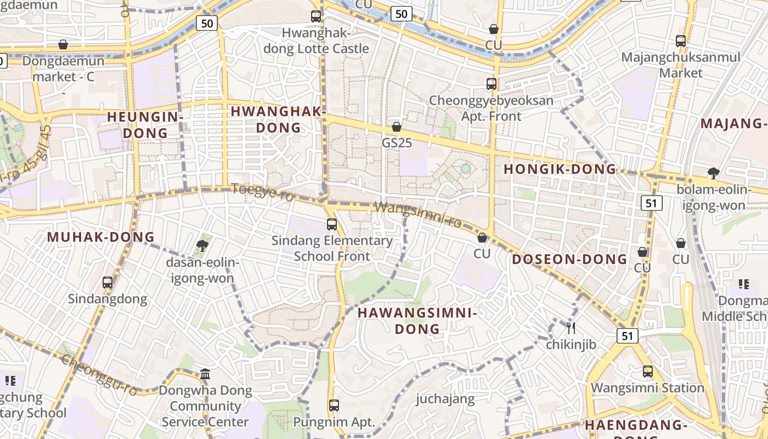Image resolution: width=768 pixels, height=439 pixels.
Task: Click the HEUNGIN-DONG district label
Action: click(x=145, y=125)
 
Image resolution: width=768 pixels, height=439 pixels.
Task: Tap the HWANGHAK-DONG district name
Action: click(x=278, y=119)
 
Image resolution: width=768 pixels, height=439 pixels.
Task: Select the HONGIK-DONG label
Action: click(x=560, y=169)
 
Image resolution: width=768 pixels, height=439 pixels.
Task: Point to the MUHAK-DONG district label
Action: click(x=101, y=237)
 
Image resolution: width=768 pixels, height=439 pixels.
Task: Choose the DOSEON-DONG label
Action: click(x=570, y=259)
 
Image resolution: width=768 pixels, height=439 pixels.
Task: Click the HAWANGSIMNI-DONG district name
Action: click(x=417, y=320)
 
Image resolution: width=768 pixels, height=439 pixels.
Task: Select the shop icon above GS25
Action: click(x=397, y=127)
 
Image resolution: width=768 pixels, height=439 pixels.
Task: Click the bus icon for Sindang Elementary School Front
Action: click(x=331, y=224)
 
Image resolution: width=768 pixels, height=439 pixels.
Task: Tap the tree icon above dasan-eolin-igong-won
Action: click(x=202, y=245)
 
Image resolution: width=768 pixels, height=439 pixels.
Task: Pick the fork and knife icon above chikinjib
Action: click(x=571, y=328)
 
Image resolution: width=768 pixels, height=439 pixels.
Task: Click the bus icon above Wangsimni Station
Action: click(x=648, y=372)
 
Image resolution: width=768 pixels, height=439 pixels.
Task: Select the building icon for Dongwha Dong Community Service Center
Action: click(x=205, y=374)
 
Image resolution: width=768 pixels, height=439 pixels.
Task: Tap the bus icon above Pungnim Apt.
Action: click(x=334, y=406)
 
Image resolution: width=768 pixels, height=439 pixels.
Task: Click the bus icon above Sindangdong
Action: click(x=108, y=283)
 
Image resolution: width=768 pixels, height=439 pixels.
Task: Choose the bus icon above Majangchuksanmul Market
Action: click(x=681, y=41)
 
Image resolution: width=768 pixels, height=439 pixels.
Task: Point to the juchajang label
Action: click(x=445, y=398)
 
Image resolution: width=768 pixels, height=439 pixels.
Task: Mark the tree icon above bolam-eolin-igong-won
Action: click(x=713, y=173)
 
